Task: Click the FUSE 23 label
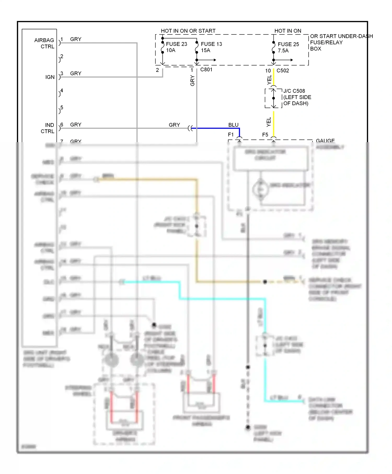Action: (x=176, y=44)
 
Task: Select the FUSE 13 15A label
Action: (x=211, y=47)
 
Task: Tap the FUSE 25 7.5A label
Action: (x=288, y=47)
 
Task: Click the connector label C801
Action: (x=206, y=70)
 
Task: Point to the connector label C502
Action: (x=283, y=71)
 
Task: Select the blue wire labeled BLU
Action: (x=217, y=128)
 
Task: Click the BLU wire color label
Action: (x=233, y=125)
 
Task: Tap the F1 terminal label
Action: (x=230, y=135)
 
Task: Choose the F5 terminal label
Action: (x=265, y=135)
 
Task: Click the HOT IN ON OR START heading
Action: (x=188, y=31)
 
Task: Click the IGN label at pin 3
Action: (x=50, y=77)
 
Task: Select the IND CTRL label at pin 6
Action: (x=47, y=128)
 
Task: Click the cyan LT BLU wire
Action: (x=222, y=299)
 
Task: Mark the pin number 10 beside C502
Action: (x=268, y=71)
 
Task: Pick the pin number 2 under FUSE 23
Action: (x=157, y=70)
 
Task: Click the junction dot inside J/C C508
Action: (x=273, y=98)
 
